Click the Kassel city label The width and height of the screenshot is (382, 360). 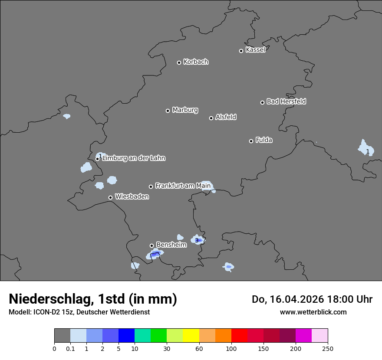coord(255,50)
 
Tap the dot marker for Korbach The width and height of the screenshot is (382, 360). coord(179,62)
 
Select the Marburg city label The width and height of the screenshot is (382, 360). coord(185,110)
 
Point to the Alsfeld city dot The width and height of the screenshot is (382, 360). coord(211,118)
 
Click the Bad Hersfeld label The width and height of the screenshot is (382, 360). coord(286,101)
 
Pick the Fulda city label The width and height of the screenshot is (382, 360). coord(264,140)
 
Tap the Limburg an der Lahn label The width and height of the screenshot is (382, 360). coord(134,158)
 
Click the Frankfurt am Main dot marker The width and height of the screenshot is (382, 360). coord(151,187)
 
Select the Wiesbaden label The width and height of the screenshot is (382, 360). coord(132,197)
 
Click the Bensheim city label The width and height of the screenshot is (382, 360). coord(171,245)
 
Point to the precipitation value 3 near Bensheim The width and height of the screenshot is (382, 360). coord(197,240)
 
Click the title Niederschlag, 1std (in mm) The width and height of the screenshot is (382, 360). coord(93,299)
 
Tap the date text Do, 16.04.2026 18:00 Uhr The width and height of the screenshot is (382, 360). coord(312,299)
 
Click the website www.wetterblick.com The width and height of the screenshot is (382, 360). coord(313,312)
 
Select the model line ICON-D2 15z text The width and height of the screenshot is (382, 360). coord(79,312)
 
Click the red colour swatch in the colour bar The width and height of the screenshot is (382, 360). coord(239,336)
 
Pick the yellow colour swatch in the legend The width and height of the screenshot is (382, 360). coord(191,336)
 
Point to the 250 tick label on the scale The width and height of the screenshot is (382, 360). coord(328,348)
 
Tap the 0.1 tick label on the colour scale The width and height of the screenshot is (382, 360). coord(70,348)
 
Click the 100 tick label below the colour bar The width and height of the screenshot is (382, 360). coord(231,348)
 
